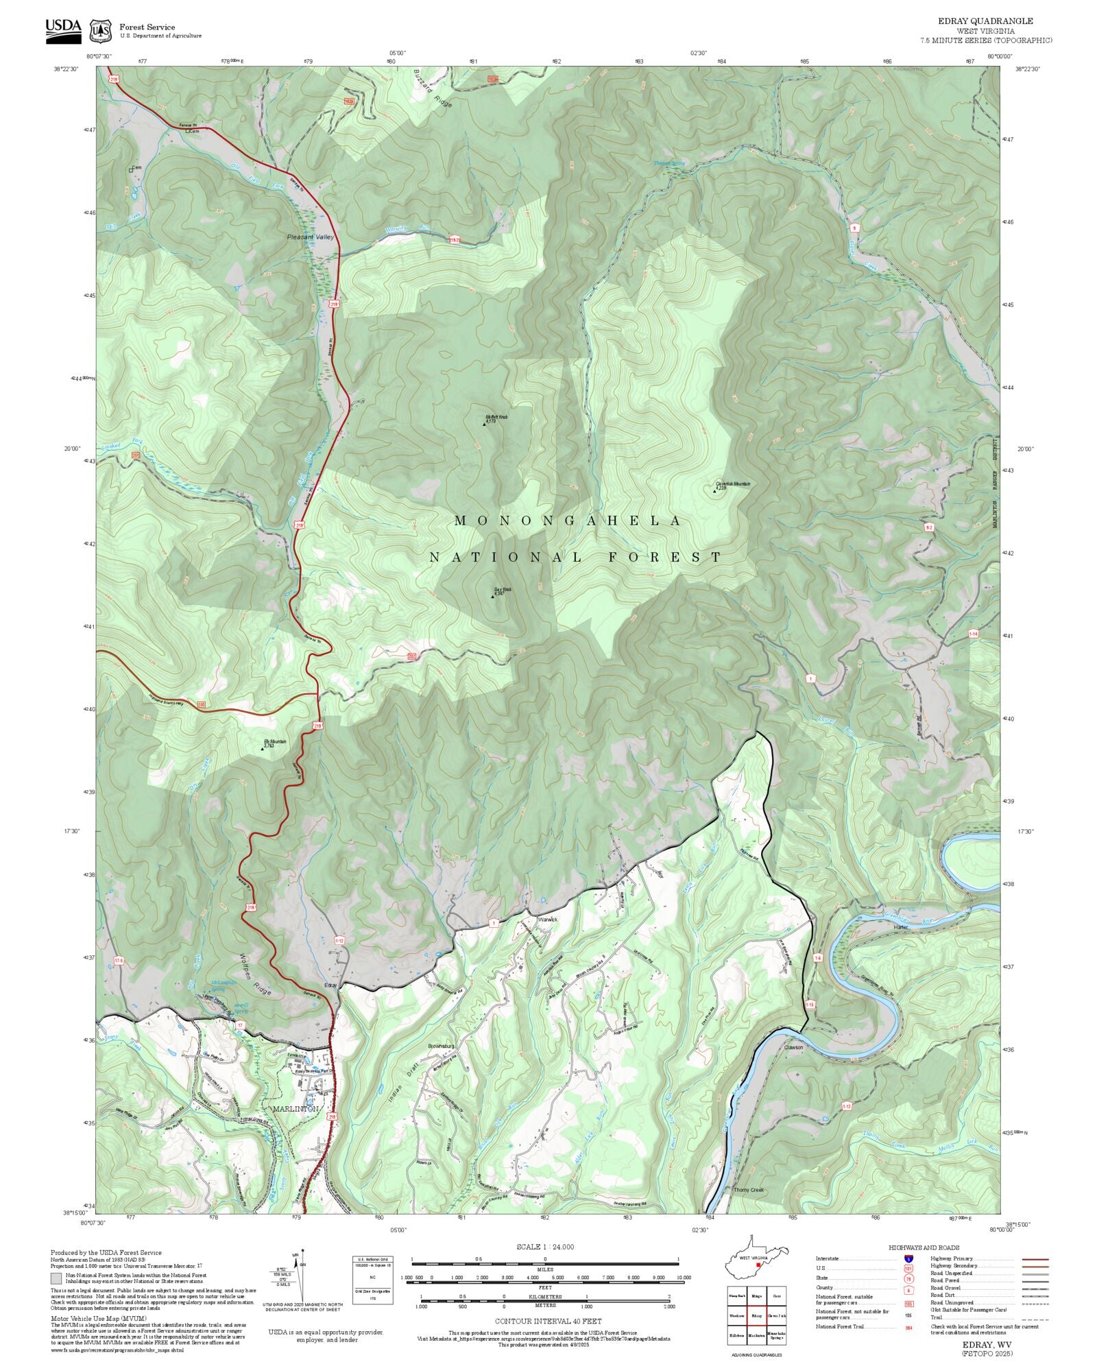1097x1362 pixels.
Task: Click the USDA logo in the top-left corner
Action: [x=63, y=31]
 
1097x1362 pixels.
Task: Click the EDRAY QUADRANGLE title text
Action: [x=986, y=21]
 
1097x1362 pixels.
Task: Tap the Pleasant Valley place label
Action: [x=310, y=237]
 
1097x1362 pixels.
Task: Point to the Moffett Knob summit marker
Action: [x=484, y=424]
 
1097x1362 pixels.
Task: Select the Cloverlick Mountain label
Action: [x=732, y=484]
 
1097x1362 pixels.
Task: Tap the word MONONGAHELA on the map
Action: [x=568, y=521]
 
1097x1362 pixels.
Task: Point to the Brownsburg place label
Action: [x=441, y=1046]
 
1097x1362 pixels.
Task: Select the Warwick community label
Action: [x=548, y=919]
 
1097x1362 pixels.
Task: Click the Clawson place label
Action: [x=793, y=1047]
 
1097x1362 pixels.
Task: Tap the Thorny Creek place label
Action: [x=748, y=1190]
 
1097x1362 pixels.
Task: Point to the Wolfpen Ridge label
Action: [x=254, y=974]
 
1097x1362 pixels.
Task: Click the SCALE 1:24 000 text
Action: [x=545, y=1247]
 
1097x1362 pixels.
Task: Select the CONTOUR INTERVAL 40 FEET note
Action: [x=548, y=1320]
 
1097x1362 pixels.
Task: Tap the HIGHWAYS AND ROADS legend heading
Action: [x=924, y=1247]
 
